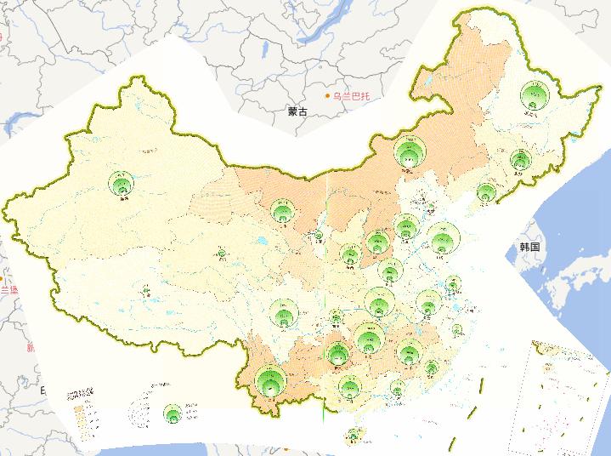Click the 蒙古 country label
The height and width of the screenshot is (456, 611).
[x=297, y=111]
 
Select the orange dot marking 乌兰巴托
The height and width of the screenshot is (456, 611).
[x=329, y=96]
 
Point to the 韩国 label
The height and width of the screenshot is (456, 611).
[x=530, y=247]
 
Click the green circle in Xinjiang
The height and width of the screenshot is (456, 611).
[x=121, y=183]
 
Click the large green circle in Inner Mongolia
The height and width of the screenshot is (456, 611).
[x=410, y=154]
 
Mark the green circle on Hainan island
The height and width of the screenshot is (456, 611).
[x=353, y=437]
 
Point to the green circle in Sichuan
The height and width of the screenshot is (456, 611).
[x=284, y=314]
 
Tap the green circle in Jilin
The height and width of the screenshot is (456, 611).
[x=520, y=159]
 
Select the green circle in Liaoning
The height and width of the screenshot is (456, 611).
[x=486, y=192]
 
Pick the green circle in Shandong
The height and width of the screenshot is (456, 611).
[x=442, y=240]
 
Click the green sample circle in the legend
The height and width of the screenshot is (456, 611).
[x=173, y=414]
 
